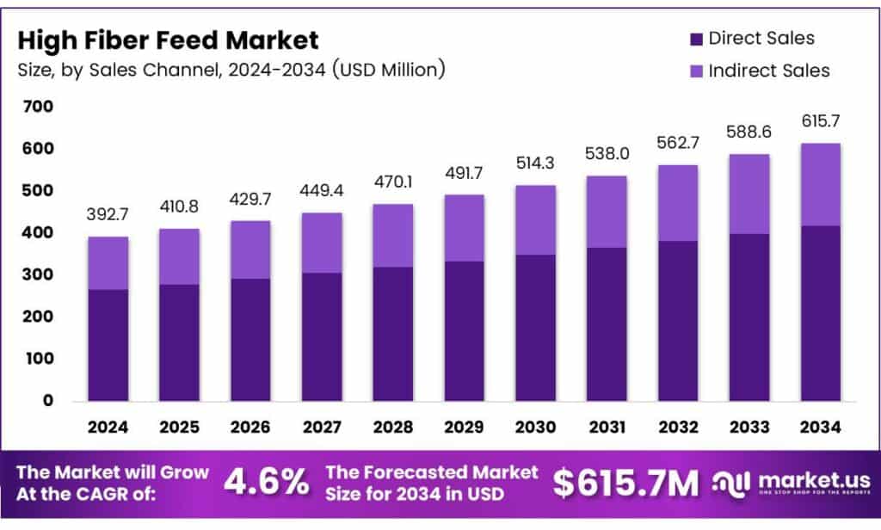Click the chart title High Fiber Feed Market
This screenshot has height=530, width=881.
pos(168,40)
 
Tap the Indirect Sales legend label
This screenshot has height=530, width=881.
pos(768,71)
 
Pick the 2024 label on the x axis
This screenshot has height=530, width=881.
pos(108,426)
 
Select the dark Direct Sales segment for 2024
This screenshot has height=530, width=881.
pos(108,344)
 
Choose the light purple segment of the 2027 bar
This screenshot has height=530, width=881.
pos(322,243)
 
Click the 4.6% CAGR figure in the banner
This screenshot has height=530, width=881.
pos(266,483)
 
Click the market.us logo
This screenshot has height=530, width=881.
pos(791,483)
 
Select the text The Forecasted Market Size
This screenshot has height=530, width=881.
pos(432,482)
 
